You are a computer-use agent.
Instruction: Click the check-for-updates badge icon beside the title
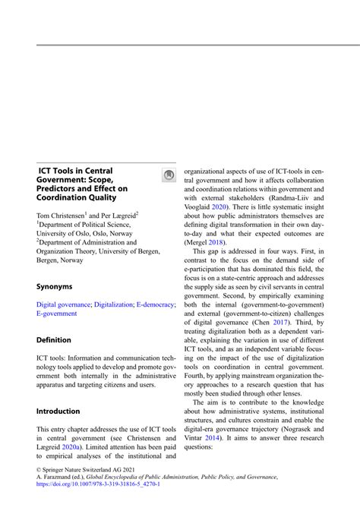(169, 175)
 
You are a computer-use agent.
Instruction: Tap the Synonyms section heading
(55, 266)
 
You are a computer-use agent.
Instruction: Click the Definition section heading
(54, 339)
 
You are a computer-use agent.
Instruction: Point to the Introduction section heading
(58, 411)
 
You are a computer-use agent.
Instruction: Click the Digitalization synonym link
(114, 282)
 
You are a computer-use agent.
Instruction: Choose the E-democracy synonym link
(156, 282)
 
